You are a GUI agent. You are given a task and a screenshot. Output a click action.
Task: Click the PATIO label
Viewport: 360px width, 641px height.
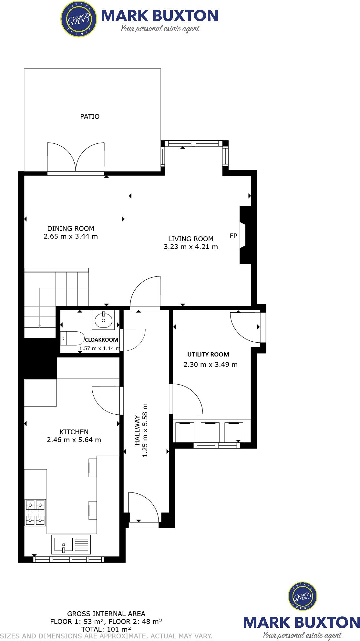(90, 117)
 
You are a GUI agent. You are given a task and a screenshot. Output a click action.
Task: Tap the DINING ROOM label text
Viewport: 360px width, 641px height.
(71, 229)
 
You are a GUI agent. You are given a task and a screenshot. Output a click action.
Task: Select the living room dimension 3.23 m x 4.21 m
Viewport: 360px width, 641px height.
(191, 247)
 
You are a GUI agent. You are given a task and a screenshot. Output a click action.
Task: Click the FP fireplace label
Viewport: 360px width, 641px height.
(233, 236)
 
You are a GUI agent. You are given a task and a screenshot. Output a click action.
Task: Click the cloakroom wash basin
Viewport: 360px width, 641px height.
(103, 320)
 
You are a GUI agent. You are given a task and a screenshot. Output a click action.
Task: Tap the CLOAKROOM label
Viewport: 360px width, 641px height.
(101, 340)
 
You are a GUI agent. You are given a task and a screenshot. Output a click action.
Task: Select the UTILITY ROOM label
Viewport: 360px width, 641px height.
(208, 355)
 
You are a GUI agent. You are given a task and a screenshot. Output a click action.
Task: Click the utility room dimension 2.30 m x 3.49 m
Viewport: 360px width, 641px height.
(211, 365)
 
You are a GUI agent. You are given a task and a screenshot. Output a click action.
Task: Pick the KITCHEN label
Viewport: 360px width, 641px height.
(74, 432)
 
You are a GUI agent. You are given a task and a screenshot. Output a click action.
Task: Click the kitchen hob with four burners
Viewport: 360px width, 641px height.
(36, 512)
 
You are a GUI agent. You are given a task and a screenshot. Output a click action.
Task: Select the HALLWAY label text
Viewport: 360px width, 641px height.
(138, 430)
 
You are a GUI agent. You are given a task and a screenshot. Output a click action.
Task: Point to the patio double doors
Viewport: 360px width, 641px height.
(76, 158)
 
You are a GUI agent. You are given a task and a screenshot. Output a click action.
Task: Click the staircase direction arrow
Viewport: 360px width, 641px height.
(39, 326)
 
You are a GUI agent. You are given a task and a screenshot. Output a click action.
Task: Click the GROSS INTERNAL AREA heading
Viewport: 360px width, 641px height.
(106, 614)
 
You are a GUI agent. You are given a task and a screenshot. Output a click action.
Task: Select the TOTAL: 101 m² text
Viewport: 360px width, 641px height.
(106, 629)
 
